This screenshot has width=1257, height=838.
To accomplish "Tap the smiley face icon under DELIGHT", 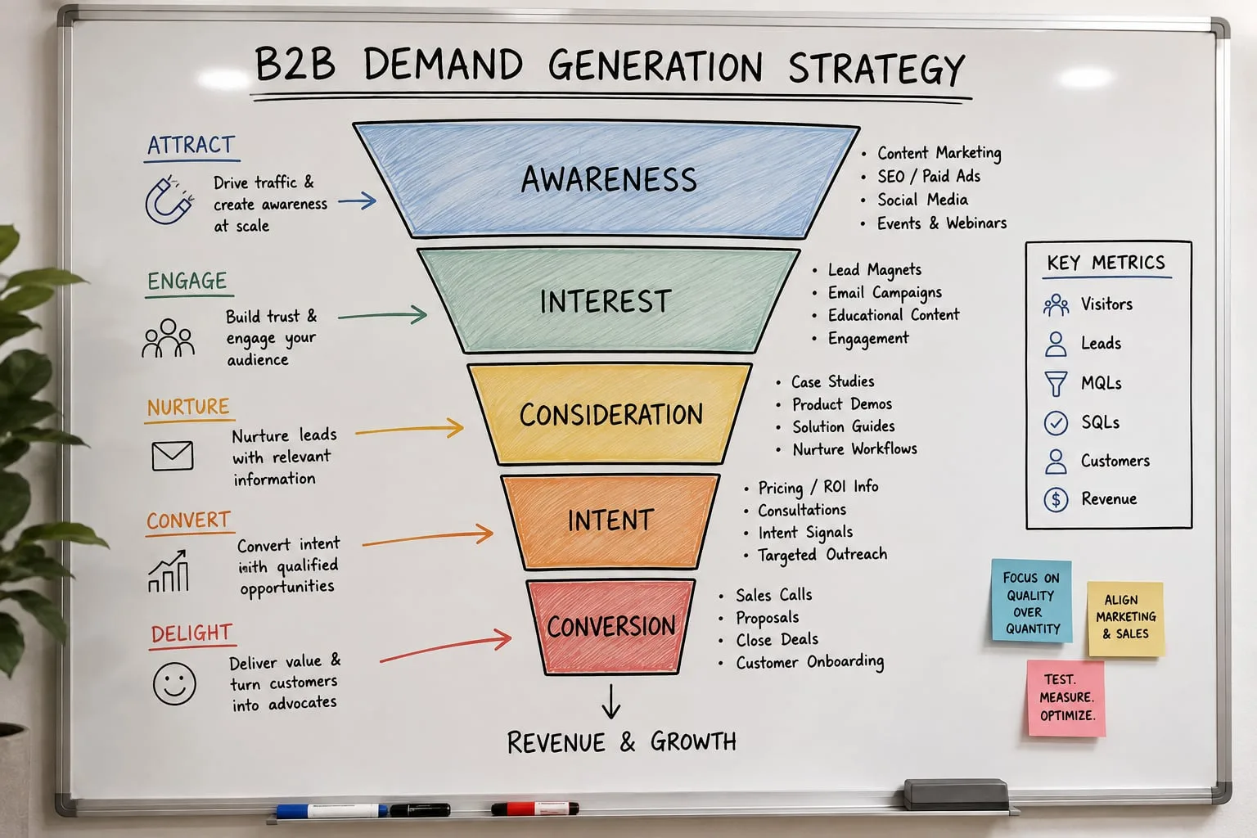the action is [x=174, y=683].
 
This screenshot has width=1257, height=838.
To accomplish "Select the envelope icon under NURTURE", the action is [x=173, y=455].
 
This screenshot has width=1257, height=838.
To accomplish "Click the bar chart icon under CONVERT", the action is [x=169, y=571].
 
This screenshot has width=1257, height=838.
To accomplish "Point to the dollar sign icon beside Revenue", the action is [x=1056, y=499].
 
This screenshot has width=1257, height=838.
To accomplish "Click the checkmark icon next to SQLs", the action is [x=1056, y=422].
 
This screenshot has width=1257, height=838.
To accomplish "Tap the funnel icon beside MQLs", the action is [x=1056, y=384].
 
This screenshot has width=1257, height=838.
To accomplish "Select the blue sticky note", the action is [x=1031, y=601].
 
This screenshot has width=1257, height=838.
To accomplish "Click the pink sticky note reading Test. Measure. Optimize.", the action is [x=1066, y=698].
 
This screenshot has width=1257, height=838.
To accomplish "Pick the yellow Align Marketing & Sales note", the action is [x=1126, y=619].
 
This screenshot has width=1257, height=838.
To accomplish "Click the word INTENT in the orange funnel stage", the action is [x=610, y=520].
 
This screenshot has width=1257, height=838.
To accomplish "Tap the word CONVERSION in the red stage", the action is [x=611, y=626].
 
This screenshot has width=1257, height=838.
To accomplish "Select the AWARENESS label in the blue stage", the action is [x=609, y=179].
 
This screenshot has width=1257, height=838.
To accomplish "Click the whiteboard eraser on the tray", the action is [x=956, y=794].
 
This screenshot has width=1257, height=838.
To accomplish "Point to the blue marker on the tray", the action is [x=331, y=810].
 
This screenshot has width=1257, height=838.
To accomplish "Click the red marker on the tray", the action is [x=534, y=809].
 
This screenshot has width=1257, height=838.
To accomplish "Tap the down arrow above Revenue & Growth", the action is [x=611, y=701].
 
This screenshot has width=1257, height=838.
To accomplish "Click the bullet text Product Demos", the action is [x=842, y=404].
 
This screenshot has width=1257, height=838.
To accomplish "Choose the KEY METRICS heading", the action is [x=1106, y=263].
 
